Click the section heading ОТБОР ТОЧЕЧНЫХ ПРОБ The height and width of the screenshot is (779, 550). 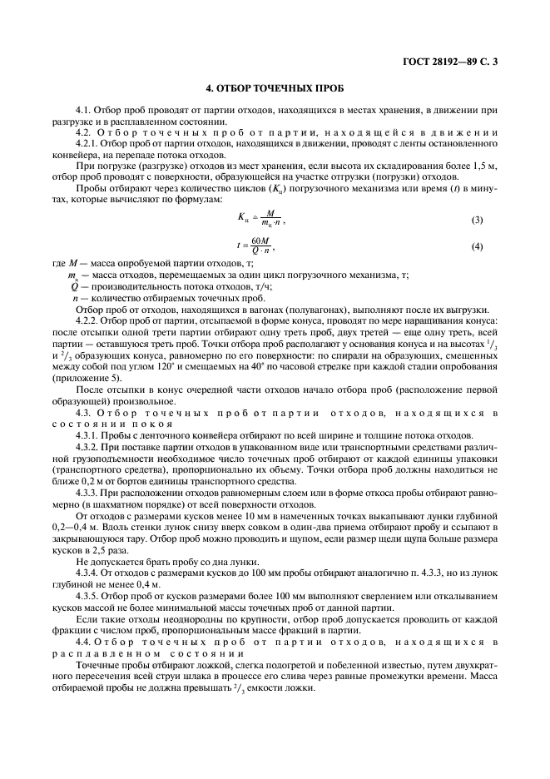tap(275, 87)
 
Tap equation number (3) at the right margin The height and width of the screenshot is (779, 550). tap(478, 221)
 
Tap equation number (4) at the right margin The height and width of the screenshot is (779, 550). tap(478, 247)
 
